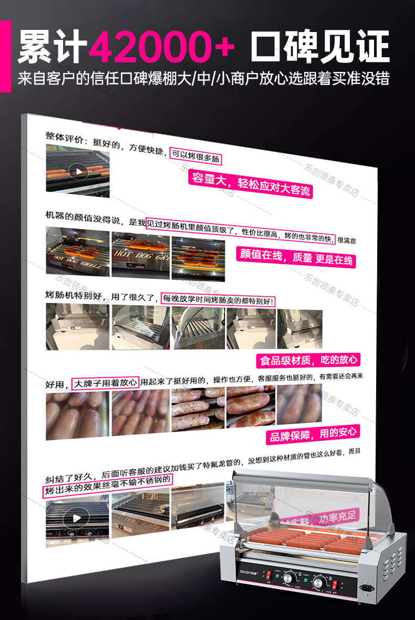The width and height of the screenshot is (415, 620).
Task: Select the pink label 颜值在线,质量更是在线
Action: coord(295,257)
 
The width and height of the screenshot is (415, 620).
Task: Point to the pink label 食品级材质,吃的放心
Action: coord(308,360)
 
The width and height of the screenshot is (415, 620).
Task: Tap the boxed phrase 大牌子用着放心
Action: coord(106,383)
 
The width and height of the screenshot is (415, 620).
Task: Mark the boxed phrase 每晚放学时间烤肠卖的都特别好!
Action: coord(217,299)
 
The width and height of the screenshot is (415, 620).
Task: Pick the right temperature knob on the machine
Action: coord(318,583)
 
